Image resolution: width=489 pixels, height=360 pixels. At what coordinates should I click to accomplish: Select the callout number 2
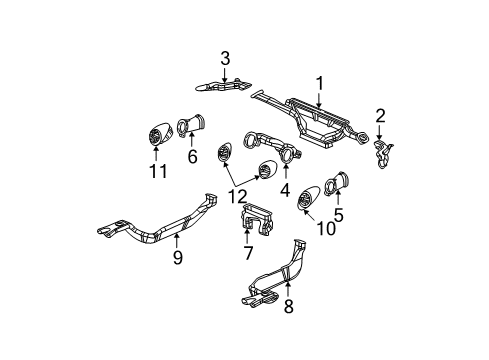[x=380, y=114]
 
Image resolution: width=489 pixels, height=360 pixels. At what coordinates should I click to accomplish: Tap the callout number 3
[x=225, y=57]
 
